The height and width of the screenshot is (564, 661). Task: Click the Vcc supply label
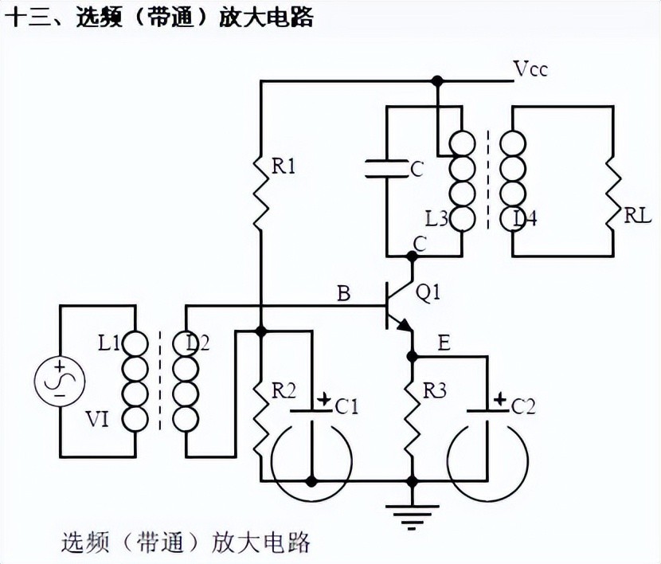click(531, 69)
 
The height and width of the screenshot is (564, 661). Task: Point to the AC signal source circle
click(59, 380)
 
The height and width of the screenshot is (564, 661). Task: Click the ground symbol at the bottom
click(413, 515)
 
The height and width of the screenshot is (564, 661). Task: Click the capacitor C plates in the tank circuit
click(385, 168)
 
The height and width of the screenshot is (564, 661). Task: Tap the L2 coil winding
click(185, 380)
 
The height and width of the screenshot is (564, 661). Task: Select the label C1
click(347, 407)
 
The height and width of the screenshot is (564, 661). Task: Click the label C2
click(523, 407)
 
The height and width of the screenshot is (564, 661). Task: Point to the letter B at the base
click(343, 294)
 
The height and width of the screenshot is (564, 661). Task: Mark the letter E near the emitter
click(444, 343)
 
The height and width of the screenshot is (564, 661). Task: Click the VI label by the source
click(97, 420)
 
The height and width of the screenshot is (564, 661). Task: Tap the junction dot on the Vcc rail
click(436, 81)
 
